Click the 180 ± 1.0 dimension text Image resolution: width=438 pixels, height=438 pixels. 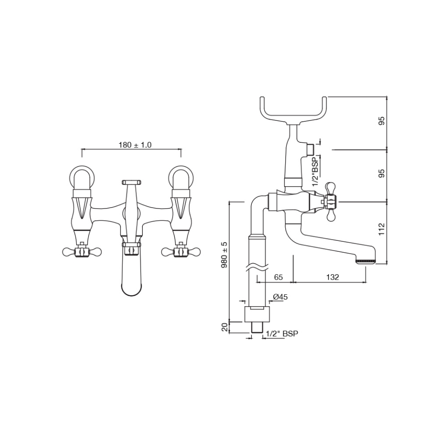[x=135, y=145]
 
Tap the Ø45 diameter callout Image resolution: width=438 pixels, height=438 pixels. [x=280, y=297]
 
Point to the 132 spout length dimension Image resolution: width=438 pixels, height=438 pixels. [x=333, y=277]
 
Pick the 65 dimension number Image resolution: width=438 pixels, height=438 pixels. [x=278, y=277]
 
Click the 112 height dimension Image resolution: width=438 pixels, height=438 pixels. [x=382, y=229]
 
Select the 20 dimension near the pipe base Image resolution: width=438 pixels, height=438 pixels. [x=224, y=327]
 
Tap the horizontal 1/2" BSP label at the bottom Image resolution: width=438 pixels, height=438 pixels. [x=282, y=334]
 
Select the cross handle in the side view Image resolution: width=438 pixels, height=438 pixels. [x=331, y=201]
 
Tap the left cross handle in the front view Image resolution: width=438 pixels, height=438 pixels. [x=82, y=251]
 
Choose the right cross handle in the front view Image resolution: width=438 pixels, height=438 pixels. [x=181, y=251]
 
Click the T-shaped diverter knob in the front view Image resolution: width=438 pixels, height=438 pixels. [x=131, y=182]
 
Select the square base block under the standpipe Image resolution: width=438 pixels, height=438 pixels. [x=257, y=315]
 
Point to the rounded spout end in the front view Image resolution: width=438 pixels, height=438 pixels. [x=132, y=287]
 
